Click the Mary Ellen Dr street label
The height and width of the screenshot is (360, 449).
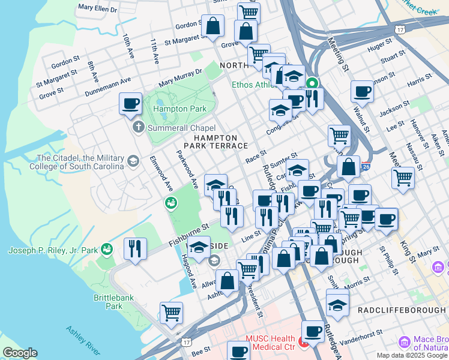coord(98,8)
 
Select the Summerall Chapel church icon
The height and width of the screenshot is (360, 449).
coord(137,128)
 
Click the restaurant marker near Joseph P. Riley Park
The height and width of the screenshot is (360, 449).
coord(135,248)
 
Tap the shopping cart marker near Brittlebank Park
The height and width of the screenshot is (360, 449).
coord(171,313)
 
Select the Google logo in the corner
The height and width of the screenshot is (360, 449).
coord(19,353)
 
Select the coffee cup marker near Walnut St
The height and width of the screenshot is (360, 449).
coord(362,92)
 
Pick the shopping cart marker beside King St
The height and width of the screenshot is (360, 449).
coord(402,178)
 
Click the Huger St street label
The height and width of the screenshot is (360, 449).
coord(380,46)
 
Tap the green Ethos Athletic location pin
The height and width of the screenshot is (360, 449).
coord(312,83)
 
